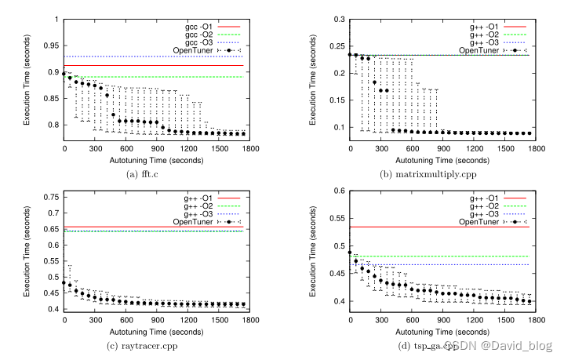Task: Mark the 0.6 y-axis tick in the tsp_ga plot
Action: click(x=340, y=191)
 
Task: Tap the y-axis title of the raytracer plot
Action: click(x=30, y=252)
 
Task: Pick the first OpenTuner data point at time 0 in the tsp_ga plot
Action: click(x=350, y=253)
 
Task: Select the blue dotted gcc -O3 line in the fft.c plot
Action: click(x=157, y=56)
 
